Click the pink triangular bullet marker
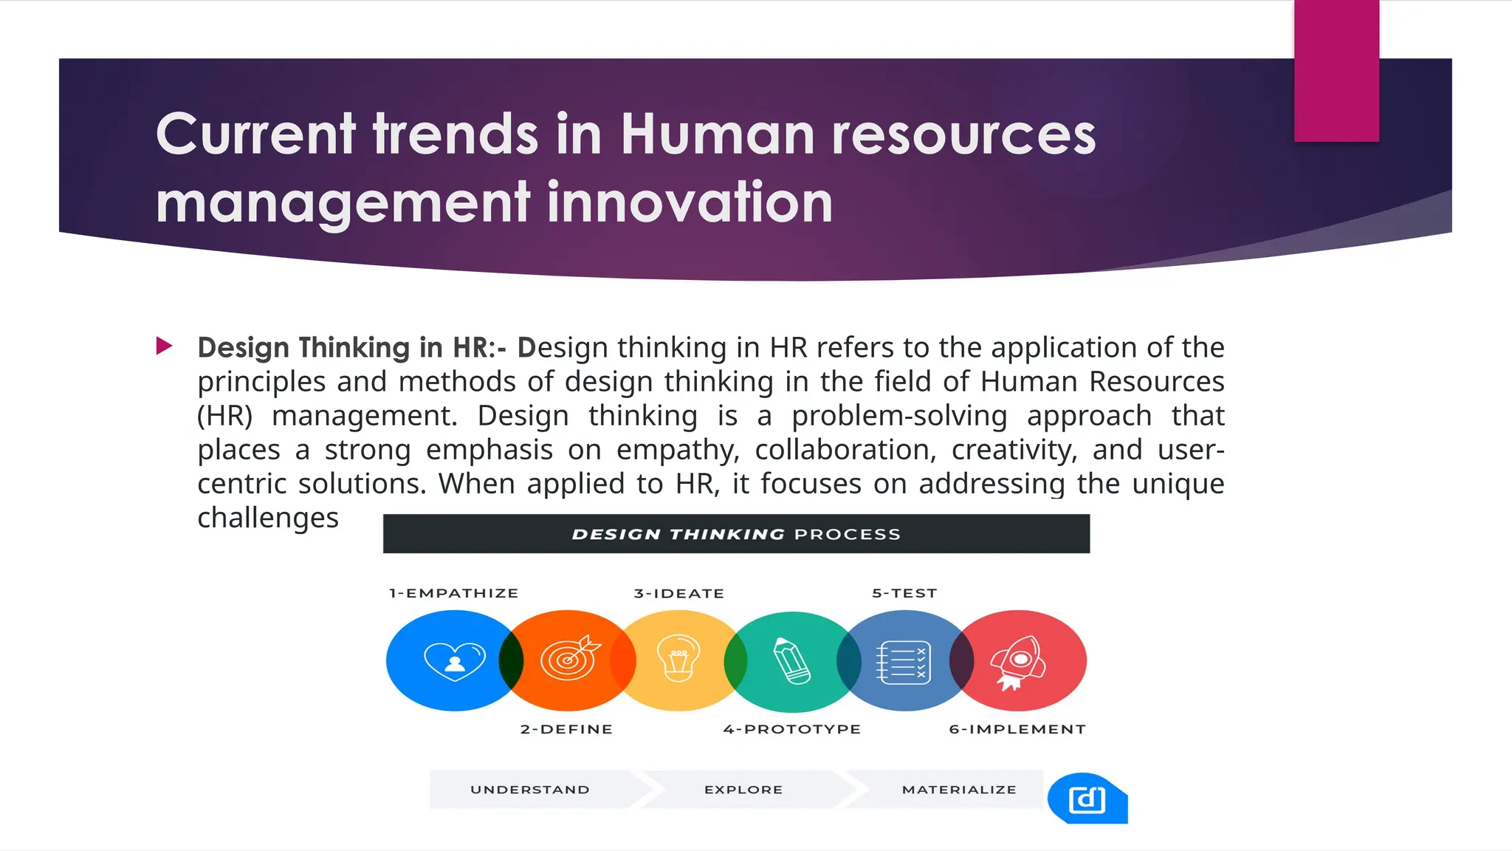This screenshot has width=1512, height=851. point(164,346)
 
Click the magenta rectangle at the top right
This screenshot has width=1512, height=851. point(1336,71)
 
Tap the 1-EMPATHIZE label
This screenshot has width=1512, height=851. point(454,593)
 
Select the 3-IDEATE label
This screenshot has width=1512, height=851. point(679,593)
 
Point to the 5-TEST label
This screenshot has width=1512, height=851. point(904,593)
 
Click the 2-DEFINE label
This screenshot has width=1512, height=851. point(566,729)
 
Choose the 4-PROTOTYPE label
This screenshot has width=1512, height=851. point(792,729)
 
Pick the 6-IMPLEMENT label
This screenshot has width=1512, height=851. point(1017,729)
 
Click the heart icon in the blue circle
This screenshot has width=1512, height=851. point(455,660)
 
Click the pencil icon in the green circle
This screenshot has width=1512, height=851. point(791,660)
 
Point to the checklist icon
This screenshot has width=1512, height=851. point(903,663)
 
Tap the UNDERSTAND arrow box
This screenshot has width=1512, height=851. point(530,790)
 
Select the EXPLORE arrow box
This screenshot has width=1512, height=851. point(743,790)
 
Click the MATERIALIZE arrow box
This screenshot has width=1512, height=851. point(959,790)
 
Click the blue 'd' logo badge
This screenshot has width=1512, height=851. point(1087,799)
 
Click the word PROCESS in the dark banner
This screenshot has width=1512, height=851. point(848,534)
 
